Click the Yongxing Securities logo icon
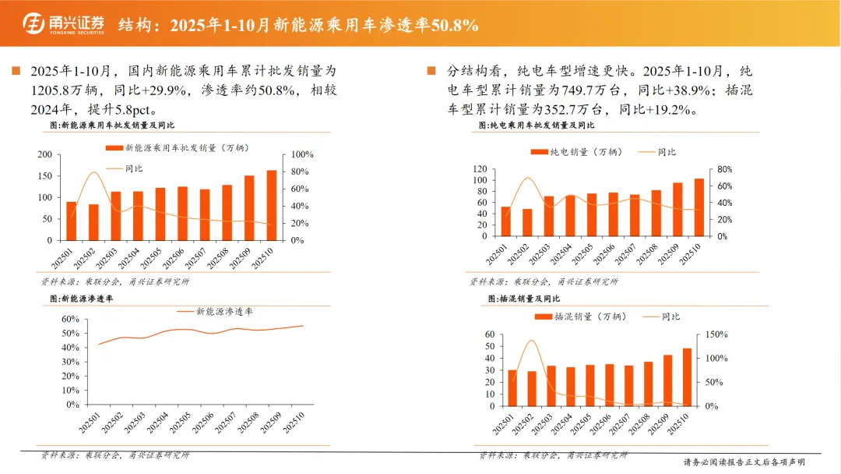(x=33, y=23)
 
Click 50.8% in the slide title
(x=455, y=25)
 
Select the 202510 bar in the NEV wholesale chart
(x=272, y=205)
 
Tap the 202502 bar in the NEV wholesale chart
(x=93, y=222)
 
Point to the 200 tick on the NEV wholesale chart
(x=45, y=154)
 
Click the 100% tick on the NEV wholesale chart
(x=302, y=154)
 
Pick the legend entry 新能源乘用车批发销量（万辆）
(x=178, y=147)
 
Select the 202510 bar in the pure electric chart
(x=698, y=207)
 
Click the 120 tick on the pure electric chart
(x=480, y=169)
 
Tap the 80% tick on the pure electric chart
(x=725, y=169)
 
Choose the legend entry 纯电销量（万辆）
(x=576, y=152)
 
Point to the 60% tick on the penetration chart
(x=70, y=319)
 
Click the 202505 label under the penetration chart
(x=180, y=423)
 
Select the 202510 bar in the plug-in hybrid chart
(x=687, y=377)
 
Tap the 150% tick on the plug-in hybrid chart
(x=716, y=334)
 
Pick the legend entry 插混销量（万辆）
(x=581, y=317)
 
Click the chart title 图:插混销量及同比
(x=524, y=299)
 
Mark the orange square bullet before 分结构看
(x=431, y=71)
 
